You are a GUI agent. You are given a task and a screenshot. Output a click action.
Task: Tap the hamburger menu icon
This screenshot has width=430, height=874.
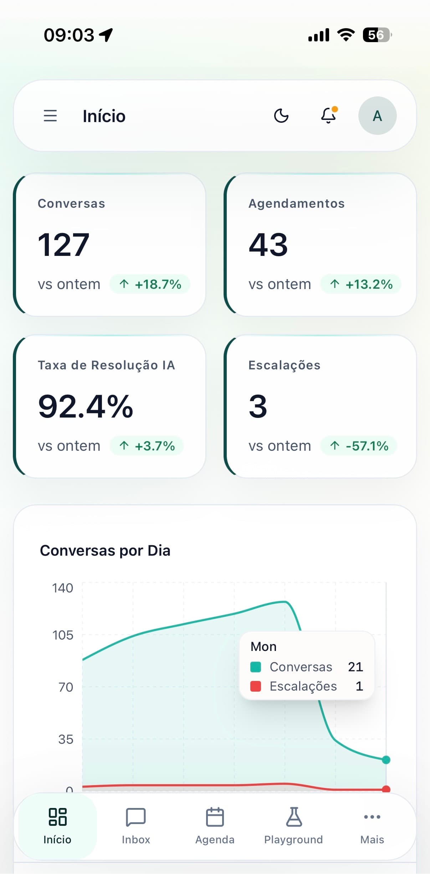click(x=50, y=116)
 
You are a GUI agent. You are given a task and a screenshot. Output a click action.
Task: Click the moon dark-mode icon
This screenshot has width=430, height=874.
click(x=281, y=116)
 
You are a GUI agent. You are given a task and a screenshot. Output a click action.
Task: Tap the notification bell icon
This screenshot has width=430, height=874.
click(x=329, y=115)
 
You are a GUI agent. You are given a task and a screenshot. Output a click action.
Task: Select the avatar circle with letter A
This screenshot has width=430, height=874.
click(x=377, y=116)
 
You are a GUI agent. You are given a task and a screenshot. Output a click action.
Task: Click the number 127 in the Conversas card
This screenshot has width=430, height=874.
click(x=63, y=245)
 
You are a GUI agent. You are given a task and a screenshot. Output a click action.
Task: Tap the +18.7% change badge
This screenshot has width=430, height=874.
click(x=150, y=284)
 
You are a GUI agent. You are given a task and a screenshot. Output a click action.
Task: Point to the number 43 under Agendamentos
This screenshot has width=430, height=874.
click(x=268, y=245)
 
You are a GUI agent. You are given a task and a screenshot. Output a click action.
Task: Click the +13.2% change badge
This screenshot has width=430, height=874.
click(x=361, y=284)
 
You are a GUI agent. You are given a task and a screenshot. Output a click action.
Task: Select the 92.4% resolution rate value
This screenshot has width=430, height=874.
click(x=86, y=406)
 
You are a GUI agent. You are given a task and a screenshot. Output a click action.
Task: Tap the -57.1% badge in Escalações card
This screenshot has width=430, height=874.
click(x=359, y=446)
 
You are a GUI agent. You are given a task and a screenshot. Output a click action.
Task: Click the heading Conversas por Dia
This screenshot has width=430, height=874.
click(x=105, y=551)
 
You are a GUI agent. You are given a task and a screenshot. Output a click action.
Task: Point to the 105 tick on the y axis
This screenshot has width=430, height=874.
click(x=63, y=635)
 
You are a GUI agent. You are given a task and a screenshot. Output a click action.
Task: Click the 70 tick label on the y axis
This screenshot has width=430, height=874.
click(x=66, y=687)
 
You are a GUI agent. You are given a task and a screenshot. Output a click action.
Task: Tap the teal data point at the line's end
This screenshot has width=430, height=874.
click(x=386, y=760)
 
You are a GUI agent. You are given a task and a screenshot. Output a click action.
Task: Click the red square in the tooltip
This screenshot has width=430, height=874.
click(x=256, y=686)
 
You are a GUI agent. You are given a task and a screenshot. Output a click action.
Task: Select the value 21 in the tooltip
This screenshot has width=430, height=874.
click(x=355, y=667)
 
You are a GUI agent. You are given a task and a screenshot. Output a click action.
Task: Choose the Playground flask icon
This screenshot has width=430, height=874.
click(x=294, y=817)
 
